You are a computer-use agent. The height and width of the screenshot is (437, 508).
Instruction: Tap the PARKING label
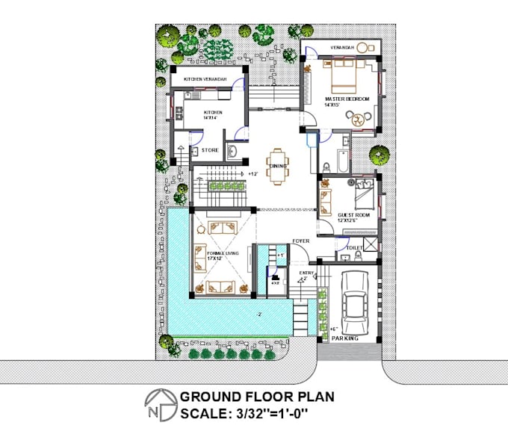click(x=347, y=338)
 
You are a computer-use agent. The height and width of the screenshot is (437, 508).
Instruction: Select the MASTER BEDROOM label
click(x=347, y=99)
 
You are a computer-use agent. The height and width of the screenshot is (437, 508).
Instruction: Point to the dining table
click(x=277, y=166)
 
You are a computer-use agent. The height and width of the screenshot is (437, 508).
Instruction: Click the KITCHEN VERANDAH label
click(x=205, y=79)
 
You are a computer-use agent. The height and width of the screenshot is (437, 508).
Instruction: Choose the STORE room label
click(x=209, y=149)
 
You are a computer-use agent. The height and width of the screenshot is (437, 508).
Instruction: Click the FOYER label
click(x=301, y=241)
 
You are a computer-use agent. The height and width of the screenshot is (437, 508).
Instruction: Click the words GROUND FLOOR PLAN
click(x=257, y=397)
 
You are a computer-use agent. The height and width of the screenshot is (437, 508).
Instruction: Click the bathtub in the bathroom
click(x=340, y=160)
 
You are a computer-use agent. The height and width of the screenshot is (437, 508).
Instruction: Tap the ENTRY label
click(x=306, y=274)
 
